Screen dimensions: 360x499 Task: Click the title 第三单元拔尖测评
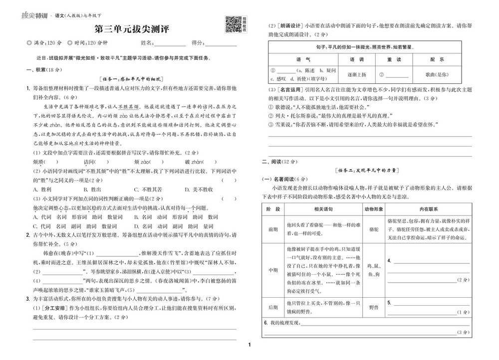[132, 29]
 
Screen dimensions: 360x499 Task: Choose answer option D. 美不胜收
[199, 189]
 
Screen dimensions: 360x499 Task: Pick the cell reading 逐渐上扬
[356, 74]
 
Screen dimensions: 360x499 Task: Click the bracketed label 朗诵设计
[287, 25]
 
